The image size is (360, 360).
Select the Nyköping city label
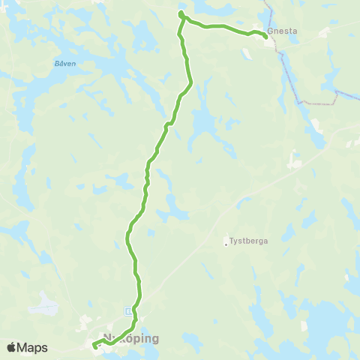tap(131, 338)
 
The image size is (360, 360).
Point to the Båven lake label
tap(65, 64)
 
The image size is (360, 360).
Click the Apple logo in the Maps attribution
tap(12, 347)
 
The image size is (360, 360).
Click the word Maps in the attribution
tap(33, 348)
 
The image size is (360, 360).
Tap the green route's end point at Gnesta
tap(265, 35)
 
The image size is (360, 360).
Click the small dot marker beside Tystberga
tap(226, 241)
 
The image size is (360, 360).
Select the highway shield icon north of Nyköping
tap(128, 310)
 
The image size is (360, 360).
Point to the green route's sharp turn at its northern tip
tap(181, 14)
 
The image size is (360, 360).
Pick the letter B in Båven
tap(57, 64)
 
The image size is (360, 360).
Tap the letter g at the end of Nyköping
tap(155, 340)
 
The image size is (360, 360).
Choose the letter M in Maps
tap(23, 348)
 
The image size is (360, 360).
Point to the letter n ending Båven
tap(73, 64)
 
